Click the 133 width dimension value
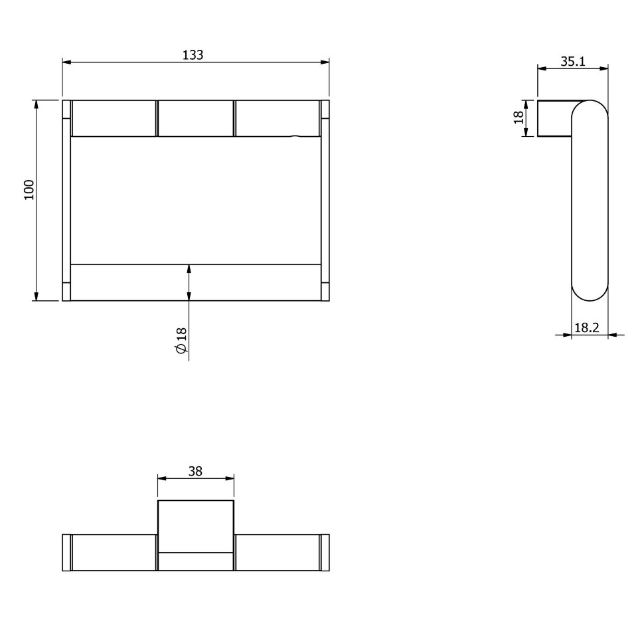(x=193, y=54)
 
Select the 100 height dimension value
(x=29, y=190)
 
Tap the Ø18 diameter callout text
(x=181, y=340)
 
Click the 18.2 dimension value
(x=586, y=327)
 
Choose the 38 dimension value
(x=195, y=471)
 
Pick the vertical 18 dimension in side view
(x=519, y=118)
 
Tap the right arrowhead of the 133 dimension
(x=325, y=62)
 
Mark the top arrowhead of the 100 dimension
(x=36, y=105)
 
